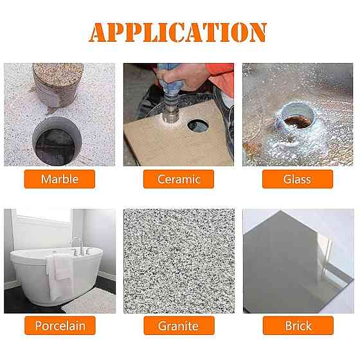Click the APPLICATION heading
pyautogui.click(x=178, y=32)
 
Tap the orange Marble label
pyautogui.click(x=60, y=179)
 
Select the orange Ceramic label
pyautogui.click(x=179, y=179)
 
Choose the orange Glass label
pyautogui.click(x=298, y=179)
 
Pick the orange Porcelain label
pyautogui.click(x=60, y=325)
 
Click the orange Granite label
pyautogui.click(x=179, y=325)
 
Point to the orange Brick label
pyautogui.click(x=298, y=325)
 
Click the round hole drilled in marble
pyautogui.click(x=57, y=141)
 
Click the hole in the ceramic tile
pyautogui.click(x=198, y=125)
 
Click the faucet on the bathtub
pyautogui.click(x=78, y=247)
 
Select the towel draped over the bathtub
pyautogui.click(x=59, y=276)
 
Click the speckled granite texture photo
pyautogui.click(x=179, y=261)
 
